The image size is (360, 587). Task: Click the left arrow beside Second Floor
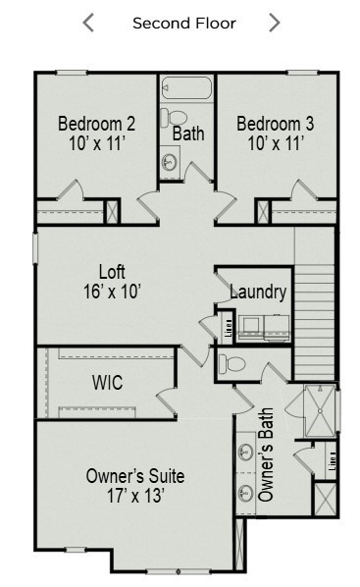click(88, 23)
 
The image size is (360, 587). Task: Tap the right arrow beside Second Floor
click(275, 23)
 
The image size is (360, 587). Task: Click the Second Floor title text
click(184, 23)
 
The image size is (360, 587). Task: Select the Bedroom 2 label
click(96, 124)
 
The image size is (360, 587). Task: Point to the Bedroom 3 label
click(275, 124)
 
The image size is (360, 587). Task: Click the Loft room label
click(112, 271)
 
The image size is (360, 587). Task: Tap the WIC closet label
click(107, 382)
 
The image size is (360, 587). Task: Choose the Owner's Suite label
click(134, 476)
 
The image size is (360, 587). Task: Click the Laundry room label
click(258, 292)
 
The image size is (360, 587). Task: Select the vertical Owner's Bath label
click(266, 454)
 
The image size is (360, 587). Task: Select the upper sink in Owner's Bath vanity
click(244, 453)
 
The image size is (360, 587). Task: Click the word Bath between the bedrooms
click(187, 133)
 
